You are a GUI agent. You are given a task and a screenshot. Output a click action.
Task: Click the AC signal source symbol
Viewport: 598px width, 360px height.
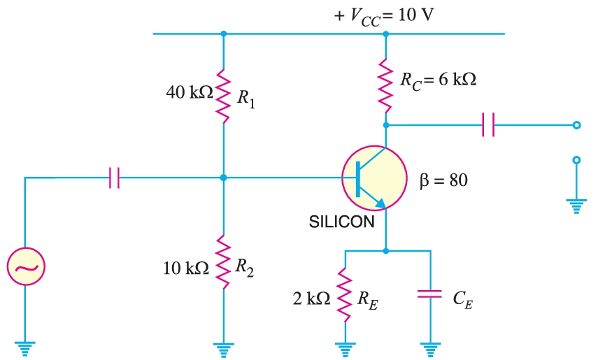coord(26,266)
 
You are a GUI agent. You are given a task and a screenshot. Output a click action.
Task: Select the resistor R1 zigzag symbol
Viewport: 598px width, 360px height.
coord(223,94)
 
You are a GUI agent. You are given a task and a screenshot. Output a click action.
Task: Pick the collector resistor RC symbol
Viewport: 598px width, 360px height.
coord(385,85)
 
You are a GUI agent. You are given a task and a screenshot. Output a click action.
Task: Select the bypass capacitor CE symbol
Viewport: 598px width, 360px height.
coord(429,296)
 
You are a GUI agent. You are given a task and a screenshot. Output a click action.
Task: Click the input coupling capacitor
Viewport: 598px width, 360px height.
coord(115,178)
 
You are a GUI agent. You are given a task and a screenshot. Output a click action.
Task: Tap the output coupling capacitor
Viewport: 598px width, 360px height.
coord(488,126)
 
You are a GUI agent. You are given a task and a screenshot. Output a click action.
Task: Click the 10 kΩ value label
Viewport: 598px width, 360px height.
coord(185,268)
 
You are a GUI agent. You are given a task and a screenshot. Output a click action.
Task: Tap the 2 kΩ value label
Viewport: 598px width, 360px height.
coord(311,298)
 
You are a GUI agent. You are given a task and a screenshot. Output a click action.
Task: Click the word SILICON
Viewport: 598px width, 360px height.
coord(341,223)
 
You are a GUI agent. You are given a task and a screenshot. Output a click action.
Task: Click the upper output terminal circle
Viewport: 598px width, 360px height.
coord(576,126)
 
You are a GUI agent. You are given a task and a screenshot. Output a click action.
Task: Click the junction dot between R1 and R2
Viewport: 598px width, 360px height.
coord(223,178)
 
